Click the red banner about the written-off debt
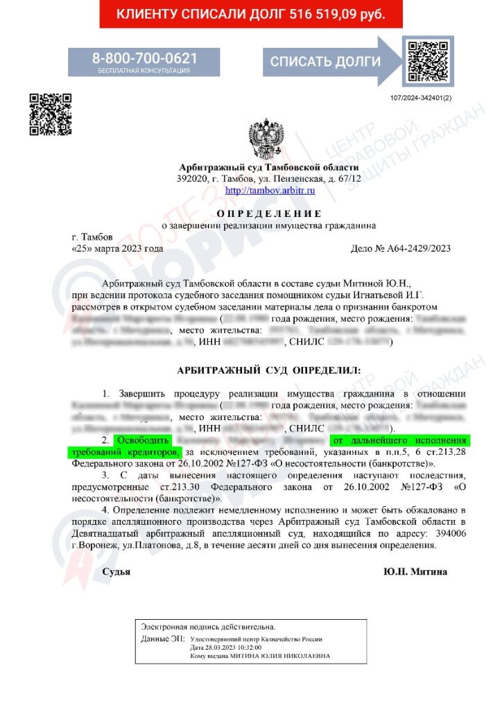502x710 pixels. (x=250, y=14)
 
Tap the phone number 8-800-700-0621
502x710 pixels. (x=144, y=58)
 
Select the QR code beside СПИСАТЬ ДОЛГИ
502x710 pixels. (x=428, y=60)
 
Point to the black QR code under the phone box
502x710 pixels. (x=50, y=114)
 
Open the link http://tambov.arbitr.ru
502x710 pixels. (x=270, y=190)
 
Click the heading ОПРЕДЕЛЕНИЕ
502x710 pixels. (x=269, y=213)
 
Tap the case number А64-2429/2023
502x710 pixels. (x=402, y=248)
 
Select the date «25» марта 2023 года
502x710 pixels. (x=118, y=248)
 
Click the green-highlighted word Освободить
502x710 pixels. (x=141, y=440)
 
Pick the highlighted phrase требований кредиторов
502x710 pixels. (x=125, y=452)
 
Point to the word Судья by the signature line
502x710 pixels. (x=116, y=572)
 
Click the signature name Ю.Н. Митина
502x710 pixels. (x=415, y=572)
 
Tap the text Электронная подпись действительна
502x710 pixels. (x=199, y=626)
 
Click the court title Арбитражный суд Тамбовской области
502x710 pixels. (x=269, y=168)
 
